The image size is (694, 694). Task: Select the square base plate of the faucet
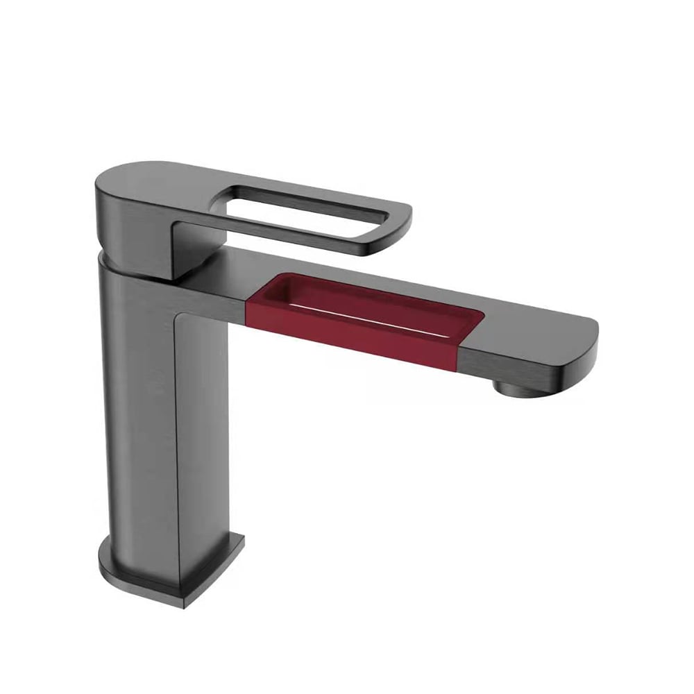(173, 569)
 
